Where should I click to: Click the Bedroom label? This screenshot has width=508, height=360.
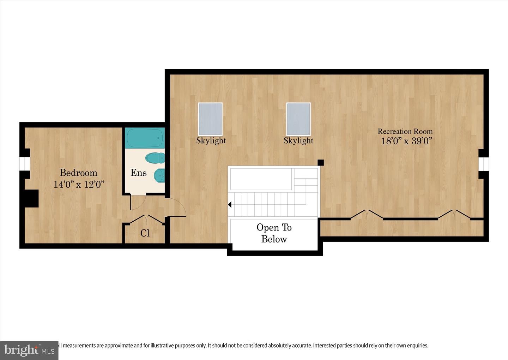point(78,173)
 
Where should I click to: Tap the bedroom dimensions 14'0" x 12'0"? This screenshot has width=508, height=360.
point(79,184)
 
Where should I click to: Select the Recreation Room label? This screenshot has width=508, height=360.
point(405,131)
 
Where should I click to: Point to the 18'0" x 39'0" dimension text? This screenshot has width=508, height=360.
point(406,141)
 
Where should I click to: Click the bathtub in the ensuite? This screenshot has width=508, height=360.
point(145,138)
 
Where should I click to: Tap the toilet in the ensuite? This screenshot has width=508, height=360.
point(155,158)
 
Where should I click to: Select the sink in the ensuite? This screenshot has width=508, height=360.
point(159,175)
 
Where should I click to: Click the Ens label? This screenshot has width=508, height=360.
point(138,173)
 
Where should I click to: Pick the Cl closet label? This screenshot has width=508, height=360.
point(145,233)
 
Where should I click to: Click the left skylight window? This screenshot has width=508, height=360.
point(210,119)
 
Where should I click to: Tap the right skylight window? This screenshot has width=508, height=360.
point(298,119)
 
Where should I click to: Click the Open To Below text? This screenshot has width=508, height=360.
point(274,233)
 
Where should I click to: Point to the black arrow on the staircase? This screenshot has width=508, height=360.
point(230,204)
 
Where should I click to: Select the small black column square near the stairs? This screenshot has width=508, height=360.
point(321,162)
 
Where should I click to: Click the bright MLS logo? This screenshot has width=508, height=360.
point(29,350)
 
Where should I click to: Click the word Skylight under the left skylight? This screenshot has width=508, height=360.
point(211,140)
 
